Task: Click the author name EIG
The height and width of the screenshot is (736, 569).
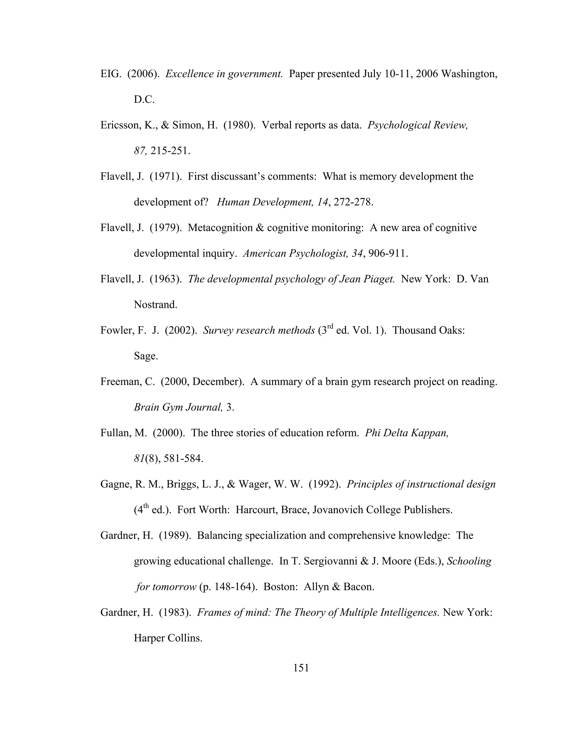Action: click(110, 74)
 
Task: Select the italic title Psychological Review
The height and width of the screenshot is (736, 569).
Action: click(417, 125)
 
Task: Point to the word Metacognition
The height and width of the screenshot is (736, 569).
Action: click(221, 228)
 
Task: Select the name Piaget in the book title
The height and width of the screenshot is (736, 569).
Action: click(379, 279)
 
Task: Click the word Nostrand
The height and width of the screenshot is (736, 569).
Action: click(155, 305)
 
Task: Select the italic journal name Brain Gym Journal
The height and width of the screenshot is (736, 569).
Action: click(178, 407)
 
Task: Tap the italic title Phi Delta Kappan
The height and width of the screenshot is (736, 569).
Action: click(406, 433)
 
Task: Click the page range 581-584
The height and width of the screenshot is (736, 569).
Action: click(183, 459)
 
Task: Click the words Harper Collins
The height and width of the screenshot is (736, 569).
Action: click(168, 638)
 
